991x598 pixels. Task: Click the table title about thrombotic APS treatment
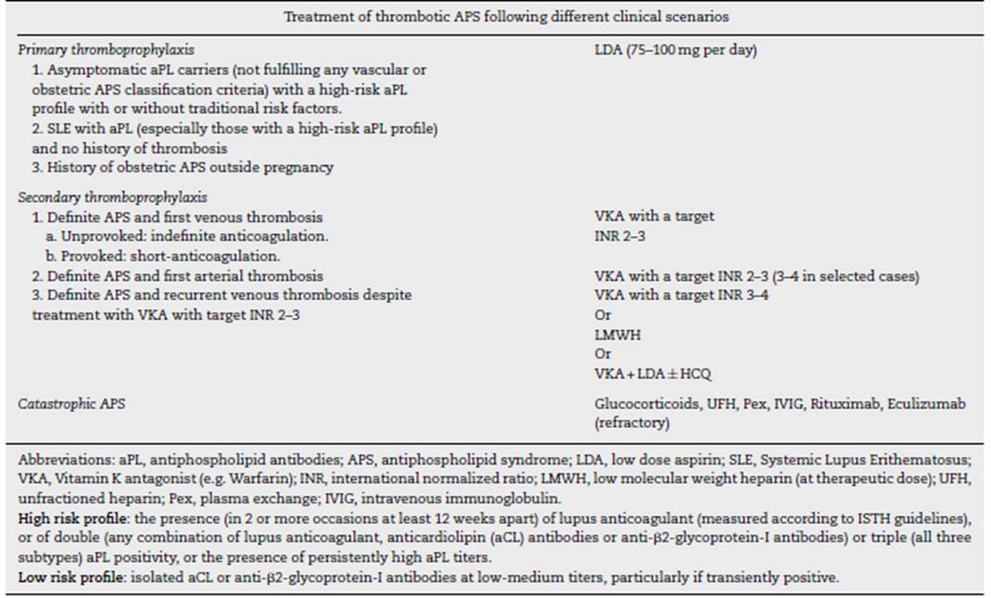tap(495, 17)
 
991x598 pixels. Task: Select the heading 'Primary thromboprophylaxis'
tap(80, 50)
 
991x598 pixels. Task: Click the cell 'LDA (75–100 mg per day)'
tap(675, 50)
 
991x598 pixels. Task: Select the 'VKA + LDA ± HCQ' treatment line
tap(653, 374)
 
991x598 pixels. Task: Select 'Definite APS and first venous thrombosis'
tap(177, 217)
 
